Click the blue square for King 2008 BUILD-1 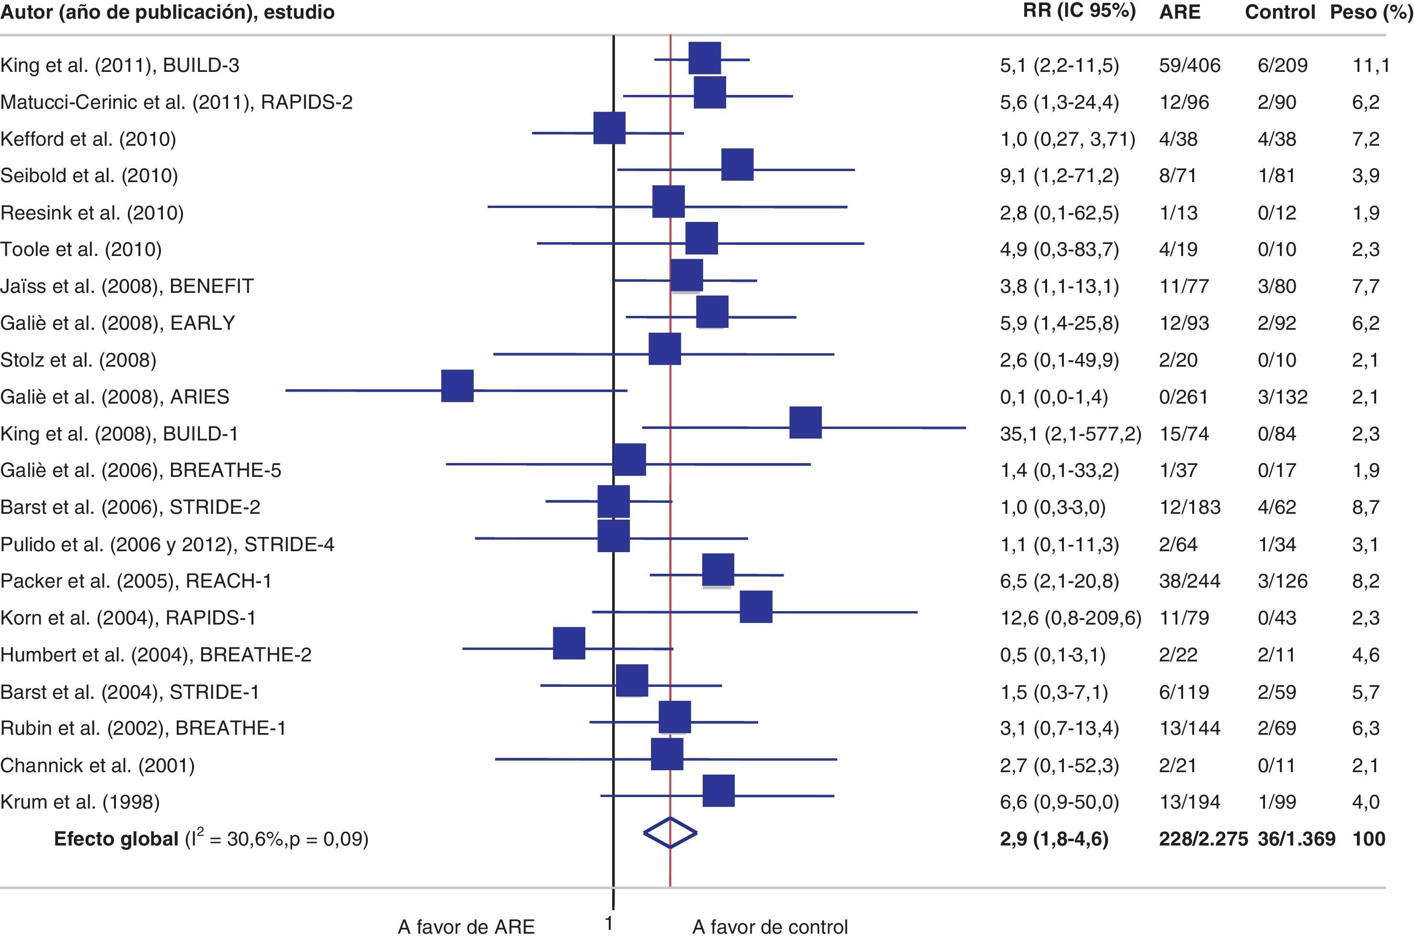[805, 422]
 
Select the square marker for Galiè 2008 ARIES [457, 386]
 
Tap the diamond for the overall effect [670, 832]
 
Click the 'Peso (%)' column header [1370, 12]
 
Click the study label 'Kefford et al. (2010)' [88, 139]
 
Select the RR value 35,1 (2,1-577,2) [1070, 433]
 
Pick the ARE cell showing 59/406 [1189, 65]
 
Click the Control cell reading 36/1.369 [1296, 839]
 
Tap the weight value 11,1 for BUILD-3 [1371, 65]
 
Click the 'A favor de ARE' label [466, 926]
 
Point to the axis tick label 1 [609, 924]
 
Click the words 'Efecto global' [116, 839]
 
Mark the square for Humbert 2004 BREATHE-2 [569, 644]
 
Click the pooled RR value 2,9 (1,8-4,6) [1053, 839]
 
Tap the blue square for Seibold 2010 [737, 164]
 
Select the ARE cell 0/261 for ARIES [1183, 396]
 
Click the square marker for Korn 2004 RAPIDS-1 [756, 607]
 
